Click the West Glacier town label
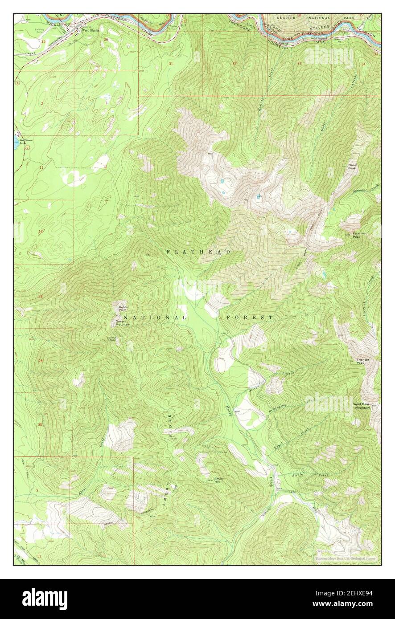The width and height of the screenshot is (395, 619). coord(91,30)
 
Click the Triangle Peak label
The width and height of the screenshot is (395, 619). coord(363,361)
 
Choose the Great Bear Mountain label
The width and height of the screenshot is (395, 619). coord(362,406)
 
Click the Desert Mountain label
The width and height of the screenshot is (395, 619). coord(123,323)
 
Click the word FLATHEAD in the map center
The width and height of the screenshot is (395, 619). coord(198,252)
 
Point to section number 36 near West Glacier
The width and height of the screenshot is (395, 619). coord(105,40)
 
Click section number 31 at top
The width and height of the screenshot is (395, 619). coord(171,64)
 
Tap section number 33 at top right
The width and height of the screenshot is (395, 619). coord(300,64)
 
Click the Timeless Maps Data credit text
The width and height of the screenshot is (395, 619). coord(345,558)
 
